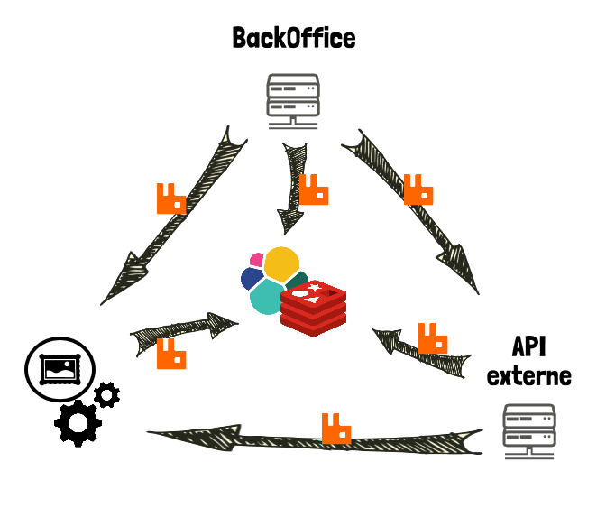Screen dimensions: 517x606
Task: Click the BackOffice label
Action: tap(294, 38)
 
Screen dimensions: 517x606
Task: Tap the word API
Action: tap(529, 346)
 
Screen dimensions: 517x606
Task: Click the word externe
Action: tap(529, 375)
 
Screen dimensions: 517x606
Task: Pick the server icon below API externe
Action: tap(529, 431)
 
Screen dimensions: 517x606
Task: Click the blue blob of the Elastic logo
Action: tap(252, 278)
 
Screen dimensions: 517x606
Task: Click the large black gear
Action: tap(78, 422)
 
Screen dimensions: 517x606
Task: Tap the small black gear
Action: tap(107, 393)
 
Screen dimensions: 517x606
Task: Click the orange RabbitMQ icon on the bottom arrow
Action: tap(336, 429)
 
